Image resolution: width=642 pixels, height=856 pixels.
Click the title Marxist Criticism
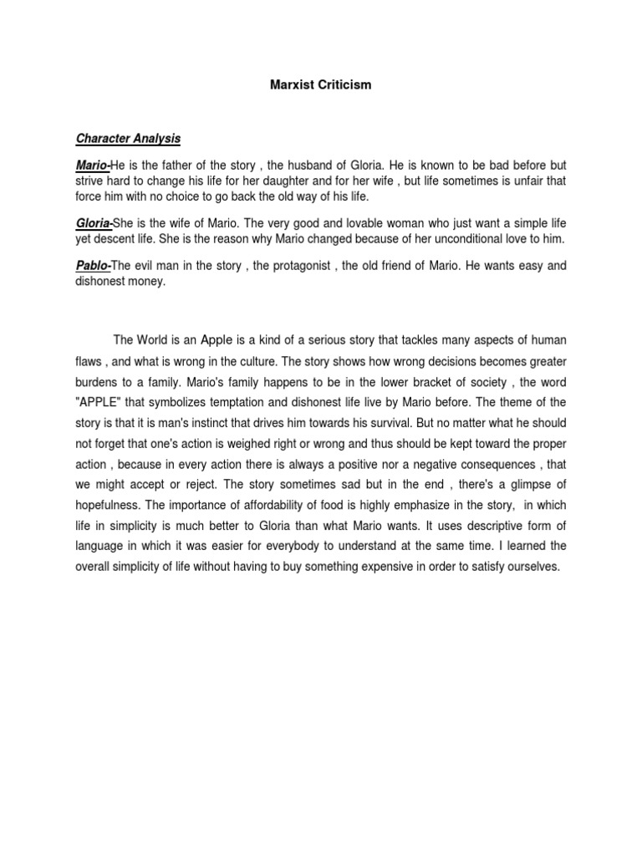pos(320,84)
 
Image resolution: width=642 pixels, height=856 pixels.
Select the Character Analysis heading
pos(128,138)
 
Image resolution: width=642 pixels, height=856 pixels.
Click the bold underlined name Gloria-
pos(94,223)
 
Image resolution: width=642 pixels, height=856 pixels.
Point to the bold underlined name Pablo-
pos(94,267)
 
